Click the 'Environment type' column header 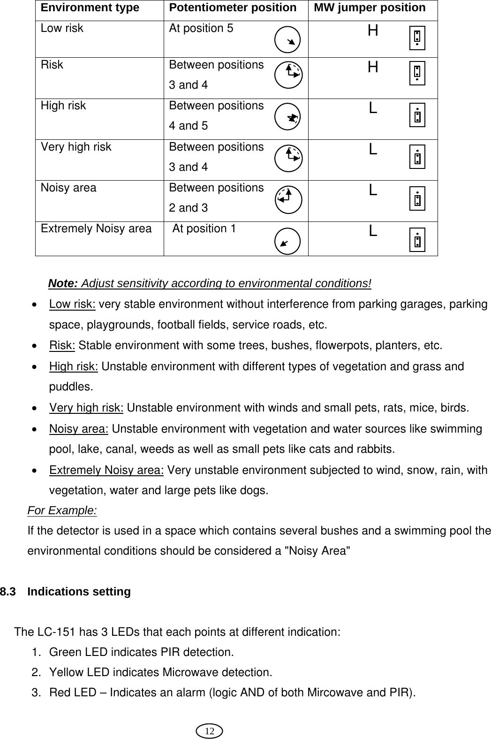[x=90, y=8]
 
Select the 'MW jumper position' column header [x=370, y=8]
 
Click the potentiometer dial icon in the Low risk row [x=287, y=39]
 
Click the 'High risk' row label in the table [x=63, y=106]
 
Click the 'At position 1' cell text [x=204, y=229]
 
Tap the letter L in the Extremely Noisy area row [x=373, y=231]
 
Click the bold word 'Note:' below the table [x=63, y=284]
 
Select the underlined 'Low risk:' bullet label [x=72, y=305]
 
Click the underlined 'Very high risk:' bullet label [x=86, y=408]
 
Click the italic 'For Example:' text [x=62, y=510]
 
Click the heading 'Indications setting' [x=79, y=592]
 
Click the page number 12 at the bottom [x=210, y=731]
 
